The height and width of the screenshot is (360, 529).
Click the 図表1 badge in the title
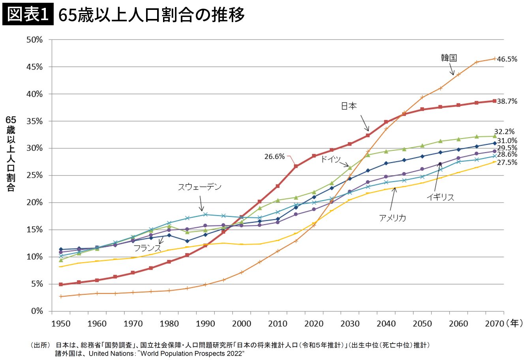point(28,15)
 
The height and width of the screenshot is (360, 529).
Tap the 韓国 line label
point(449,58)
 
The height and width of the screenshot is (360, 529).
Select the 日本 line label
point(349,106)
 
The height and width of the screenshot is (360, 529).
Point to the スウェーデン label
point(199,187)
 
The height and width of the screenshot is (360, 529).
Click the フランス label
point(147,248)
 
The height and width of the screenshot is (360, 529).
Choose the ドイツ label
point(330,159)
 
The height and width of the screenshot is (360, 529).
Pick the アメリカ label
point(392,217)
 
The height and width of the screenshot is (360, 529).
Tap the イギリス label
point(440,197)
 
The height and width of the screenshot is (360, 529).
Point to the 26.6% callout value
point(274,156)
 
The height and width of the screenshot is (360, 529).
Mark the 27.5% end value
point(507,162)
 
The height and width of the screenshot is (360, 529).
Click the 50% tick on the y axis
point(35,39)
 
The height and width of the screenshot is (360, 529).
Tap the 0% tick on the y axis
point(37,311)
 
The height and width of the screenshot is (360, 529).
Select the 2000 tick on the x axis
point(241,324)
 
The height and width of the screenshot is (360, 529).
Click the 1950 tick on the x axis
point(61,324)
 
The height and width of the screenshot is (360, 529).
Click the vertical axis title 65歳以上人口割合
point(11,154)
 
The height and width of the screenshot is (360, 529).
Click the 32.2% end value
point(504,131)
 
